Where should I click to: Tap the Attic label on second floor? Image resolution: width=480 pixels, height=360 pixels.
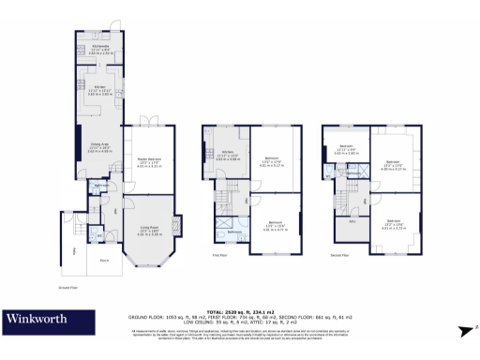pyautogui.click(x=352, y=221)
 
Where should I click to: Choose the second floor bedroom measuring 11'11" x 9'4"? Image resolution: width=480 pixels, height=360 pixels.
pyautogui.click(x=345, y=148)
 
